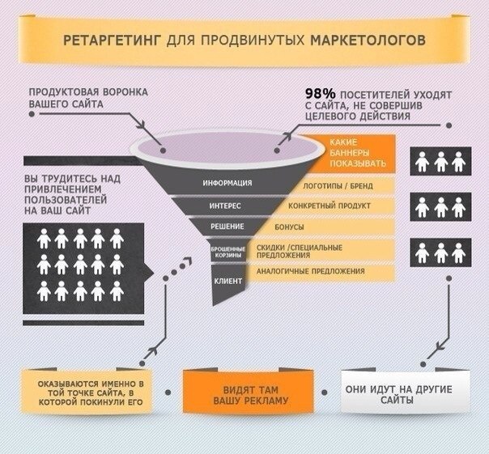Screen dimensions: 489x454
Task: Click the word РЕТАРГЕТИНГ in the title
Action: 112,40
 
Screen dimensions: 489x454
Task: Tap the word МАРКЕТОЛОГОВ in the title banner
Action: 368,40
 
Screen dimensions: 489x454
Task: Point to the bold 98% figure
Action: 321,94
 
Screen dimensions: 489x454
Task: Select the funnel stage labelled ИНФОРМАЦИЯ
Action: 227,183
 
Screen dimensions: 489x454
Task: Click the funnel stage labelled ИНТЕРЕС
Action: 225,206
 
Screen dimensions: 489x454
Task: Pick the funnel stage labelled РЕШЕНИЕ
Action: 227,227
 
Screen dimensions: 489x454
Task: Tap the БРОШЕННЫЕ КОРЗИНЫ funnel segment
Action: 228,252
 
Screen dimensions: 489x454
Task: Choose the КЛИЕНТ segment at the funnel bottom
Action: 228,281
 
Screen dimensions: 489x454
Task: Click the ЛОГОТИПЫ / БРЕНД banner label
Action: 338,186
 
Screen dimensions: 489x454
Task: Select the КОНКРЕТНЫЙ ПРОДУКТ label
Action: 330,206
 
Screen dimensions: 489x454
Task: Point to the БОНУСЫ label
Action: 289,227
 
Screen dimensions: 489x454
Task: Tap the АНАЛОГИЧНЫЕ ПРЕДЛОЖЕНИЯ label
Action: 311,271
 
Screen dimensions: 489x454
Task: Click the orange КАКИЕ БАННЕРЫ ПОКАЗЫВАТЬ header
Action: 358,153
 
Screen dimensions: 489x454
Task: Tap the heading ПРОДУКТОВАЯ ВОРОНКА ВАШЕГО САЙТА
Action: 88,98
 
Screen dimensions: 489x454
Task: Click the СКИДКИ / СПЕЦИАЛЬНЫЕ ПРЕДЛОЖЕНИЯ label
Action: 300,252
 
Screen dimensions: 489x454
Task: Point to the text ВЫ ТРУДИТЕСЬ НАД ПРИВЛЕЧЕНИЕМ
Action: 72,184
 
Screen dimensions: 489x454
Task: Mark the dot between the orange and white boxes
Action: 325,392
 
